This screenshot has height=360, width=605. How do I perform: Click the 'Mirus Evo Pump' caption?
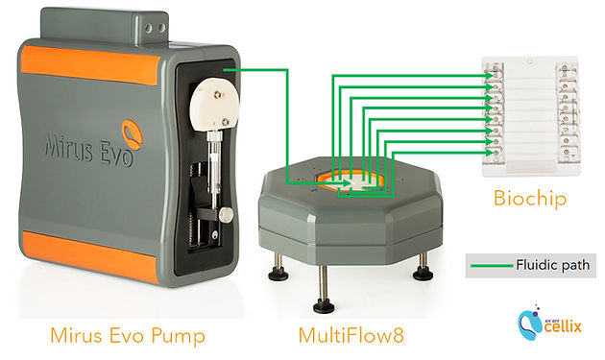[x=128, y=335]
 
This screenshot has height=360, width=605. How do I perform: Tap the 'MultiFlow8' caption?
[x=351, y=335]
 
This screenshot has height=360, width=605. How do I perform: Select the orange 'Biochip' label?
[x=530, y=199]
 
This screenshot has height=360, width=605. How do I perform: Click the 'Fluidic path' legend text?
[x=552, y=265]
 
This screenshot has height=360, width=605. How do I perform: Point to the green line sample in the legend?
[x=492, y=266]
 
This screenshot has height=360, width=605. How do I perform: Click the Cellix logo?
[x=549, y=324]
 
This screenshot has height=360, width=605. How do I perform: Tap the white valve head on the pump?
[x=214, y=106]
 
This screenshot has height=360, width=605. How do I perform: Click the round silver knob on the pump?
[x=226, y=215]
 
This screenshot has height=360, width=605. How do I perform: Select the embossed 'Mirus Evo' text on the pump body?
[x=89, y=150]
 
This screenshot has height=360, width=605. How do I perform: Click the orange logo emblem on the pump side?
[x=133, y=134]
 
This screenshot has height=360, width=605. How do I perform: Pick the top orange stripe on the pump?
[x=90, y=65]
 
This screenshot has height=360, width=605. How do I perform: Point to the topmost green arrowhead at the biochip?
[x=489, y=76]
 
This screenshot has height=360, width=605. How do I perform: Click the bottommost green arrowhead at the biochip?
[x=489, y=153]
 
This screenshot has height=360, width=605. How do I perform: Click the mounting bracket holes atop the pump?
[x=155, y=28]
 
